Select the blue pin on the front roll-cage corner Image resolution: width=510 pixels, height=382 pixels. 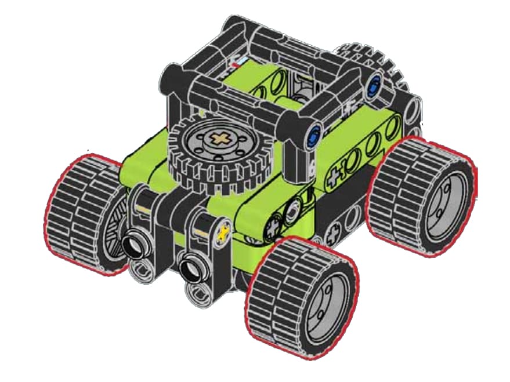[x=314, y=135]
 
